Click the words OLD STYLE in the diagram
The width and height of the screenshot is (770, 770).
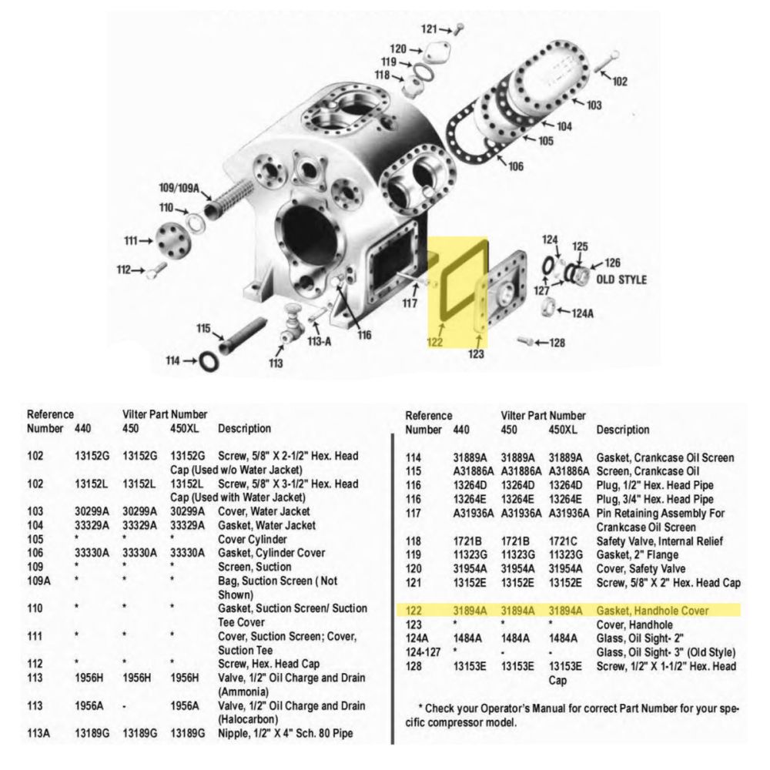pyautogui.click(x=621, y=280)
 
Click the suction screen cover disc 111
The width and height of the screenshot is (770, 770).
pyautogui.click(x=169, y=241)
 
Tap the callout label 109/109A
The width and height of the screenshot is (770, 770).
pyautogui.click(x=179, y=187)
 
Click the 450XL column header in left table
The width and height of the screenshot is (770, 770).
pyautogui.click(x=186, y=427)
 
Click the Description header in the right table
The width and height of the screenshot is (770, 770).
pyautogui.click(x=622, y=429)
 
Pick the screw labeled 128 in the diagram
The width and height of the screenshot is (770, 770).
pyautogui.click(x=525, y=340)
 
